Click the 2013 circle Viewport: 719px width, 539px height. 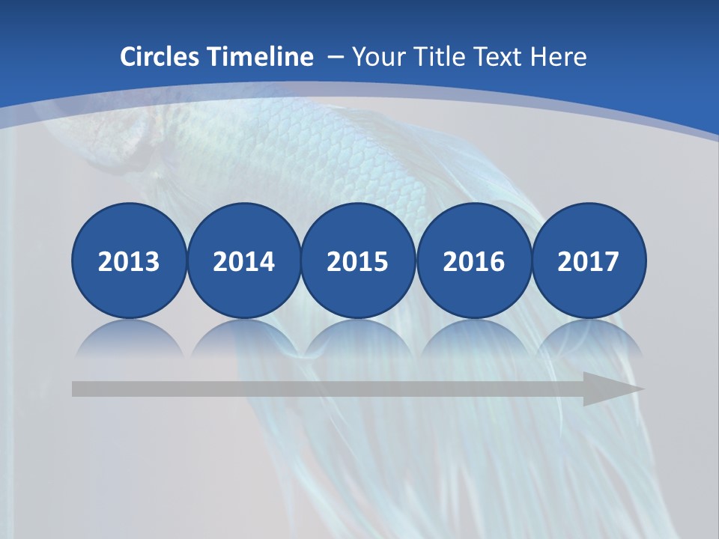(129, 261)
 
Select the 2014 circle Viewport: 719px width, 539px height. (243, 261)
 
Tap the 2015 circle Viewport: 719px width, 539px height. (358, 261)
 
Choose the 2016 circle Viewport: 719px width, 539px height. (473, 261)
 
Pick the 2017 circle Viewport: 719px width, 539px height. (588, 261)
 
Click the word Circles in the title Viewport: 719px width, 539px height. (160, 57)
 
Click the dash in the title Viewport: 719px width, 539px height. (335, 58)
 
